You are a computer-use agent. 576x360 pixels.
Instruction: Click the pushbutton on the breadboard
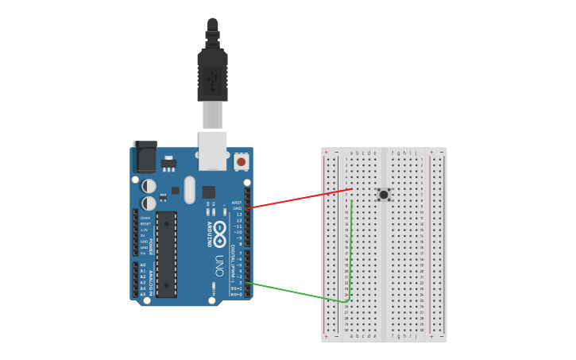(x=384, y=194)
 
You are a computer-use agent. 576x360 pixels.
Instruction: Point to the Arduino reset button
(x=241, y=162)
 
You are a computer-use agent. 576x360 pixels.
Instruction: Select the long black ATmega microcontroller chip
(x=166, y=254)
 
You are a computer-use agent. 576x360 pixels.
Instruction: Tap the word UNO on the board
(x=219, y=263)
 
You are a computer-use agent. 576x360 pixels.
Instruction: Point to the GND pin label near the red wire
(x=237, y=208)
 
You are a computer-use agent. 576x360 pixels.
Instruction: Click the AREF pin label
(x=236, y=203)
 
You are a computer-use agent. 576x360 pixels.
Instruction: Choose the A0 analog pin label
(x=143, y=265)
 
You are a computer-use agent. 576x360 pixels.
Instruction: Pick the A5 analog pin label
(x=143, y=294)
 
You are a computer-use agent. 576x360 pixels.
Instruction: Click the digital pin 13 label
(x=238, y=215)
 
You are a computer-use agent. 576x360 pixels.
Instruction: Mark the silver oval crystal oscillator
(x=189, y=190)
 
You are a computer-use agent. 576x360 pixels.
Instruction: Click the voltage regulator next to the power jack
(x=168, y=165)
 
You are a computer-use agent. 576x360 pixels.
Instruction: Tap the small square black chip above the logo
(x=208, y=192)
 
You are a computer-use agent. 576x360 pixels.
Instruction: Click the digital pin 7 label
(x=239, y=253)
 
